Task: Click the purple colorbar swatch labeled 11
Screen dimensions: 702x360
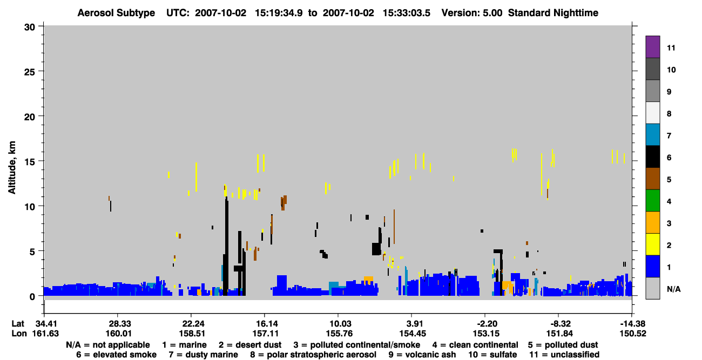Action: (x=652, y=47)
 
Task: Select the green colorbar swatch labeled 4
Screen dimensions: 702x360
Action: (x=652, y=201)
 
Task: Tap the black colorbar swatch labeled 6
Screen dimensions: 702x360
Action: (x=652, y=157)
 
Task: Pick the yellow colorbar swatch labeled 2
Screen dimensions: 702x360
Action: (x=652, y=244)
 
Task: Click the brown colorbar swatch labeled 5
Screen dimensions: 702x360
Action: (x=652, y=179)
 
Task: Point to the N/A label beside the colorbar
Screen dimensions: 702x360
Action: (x=673, y=289)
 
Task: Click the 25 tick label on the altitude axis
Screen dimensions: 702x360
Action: (x=30, y=72)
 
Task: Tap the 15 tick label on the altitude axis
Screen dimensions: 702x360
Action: (x=30, y=162)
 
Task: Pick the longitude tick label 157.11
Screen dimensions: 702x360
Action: (x=265, y=334)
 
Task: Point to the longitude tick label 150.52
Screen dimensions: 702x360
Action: (x=633, y=334)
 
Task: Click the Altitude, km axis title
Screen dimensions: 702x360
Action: (x=12, y=167)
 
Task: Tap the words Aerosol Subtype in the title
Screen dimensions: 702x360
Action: (x=116, y=13)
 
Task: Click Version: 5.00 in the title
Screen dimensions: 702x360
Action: (x=471, y=13)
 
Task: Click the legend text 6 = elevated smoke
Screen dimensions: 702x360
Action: (x=116, y=355)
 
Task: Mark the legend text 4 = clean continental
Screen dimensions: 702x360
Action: (x=475, y=345)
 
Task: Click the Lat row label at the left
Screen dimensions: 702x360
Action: (x=18, y=324)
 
